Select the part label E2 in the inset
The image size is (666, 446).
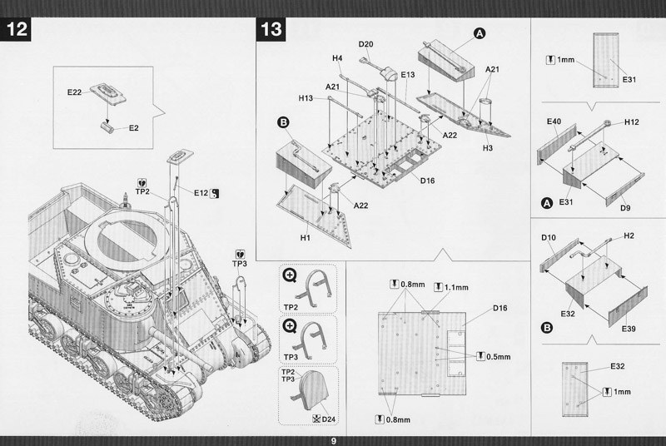coord(134,128)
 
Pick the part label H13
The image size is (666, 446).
coord(306,97)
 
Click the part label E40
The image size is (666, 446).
coord(555,122)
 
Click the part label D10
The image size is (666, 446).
coord(548,238)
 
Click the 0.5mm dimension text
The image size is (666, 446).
coord(497,356)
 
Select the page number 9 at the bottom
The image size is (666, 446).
coord(333,440)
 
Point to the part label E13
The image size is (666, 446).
coord(407,75)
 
